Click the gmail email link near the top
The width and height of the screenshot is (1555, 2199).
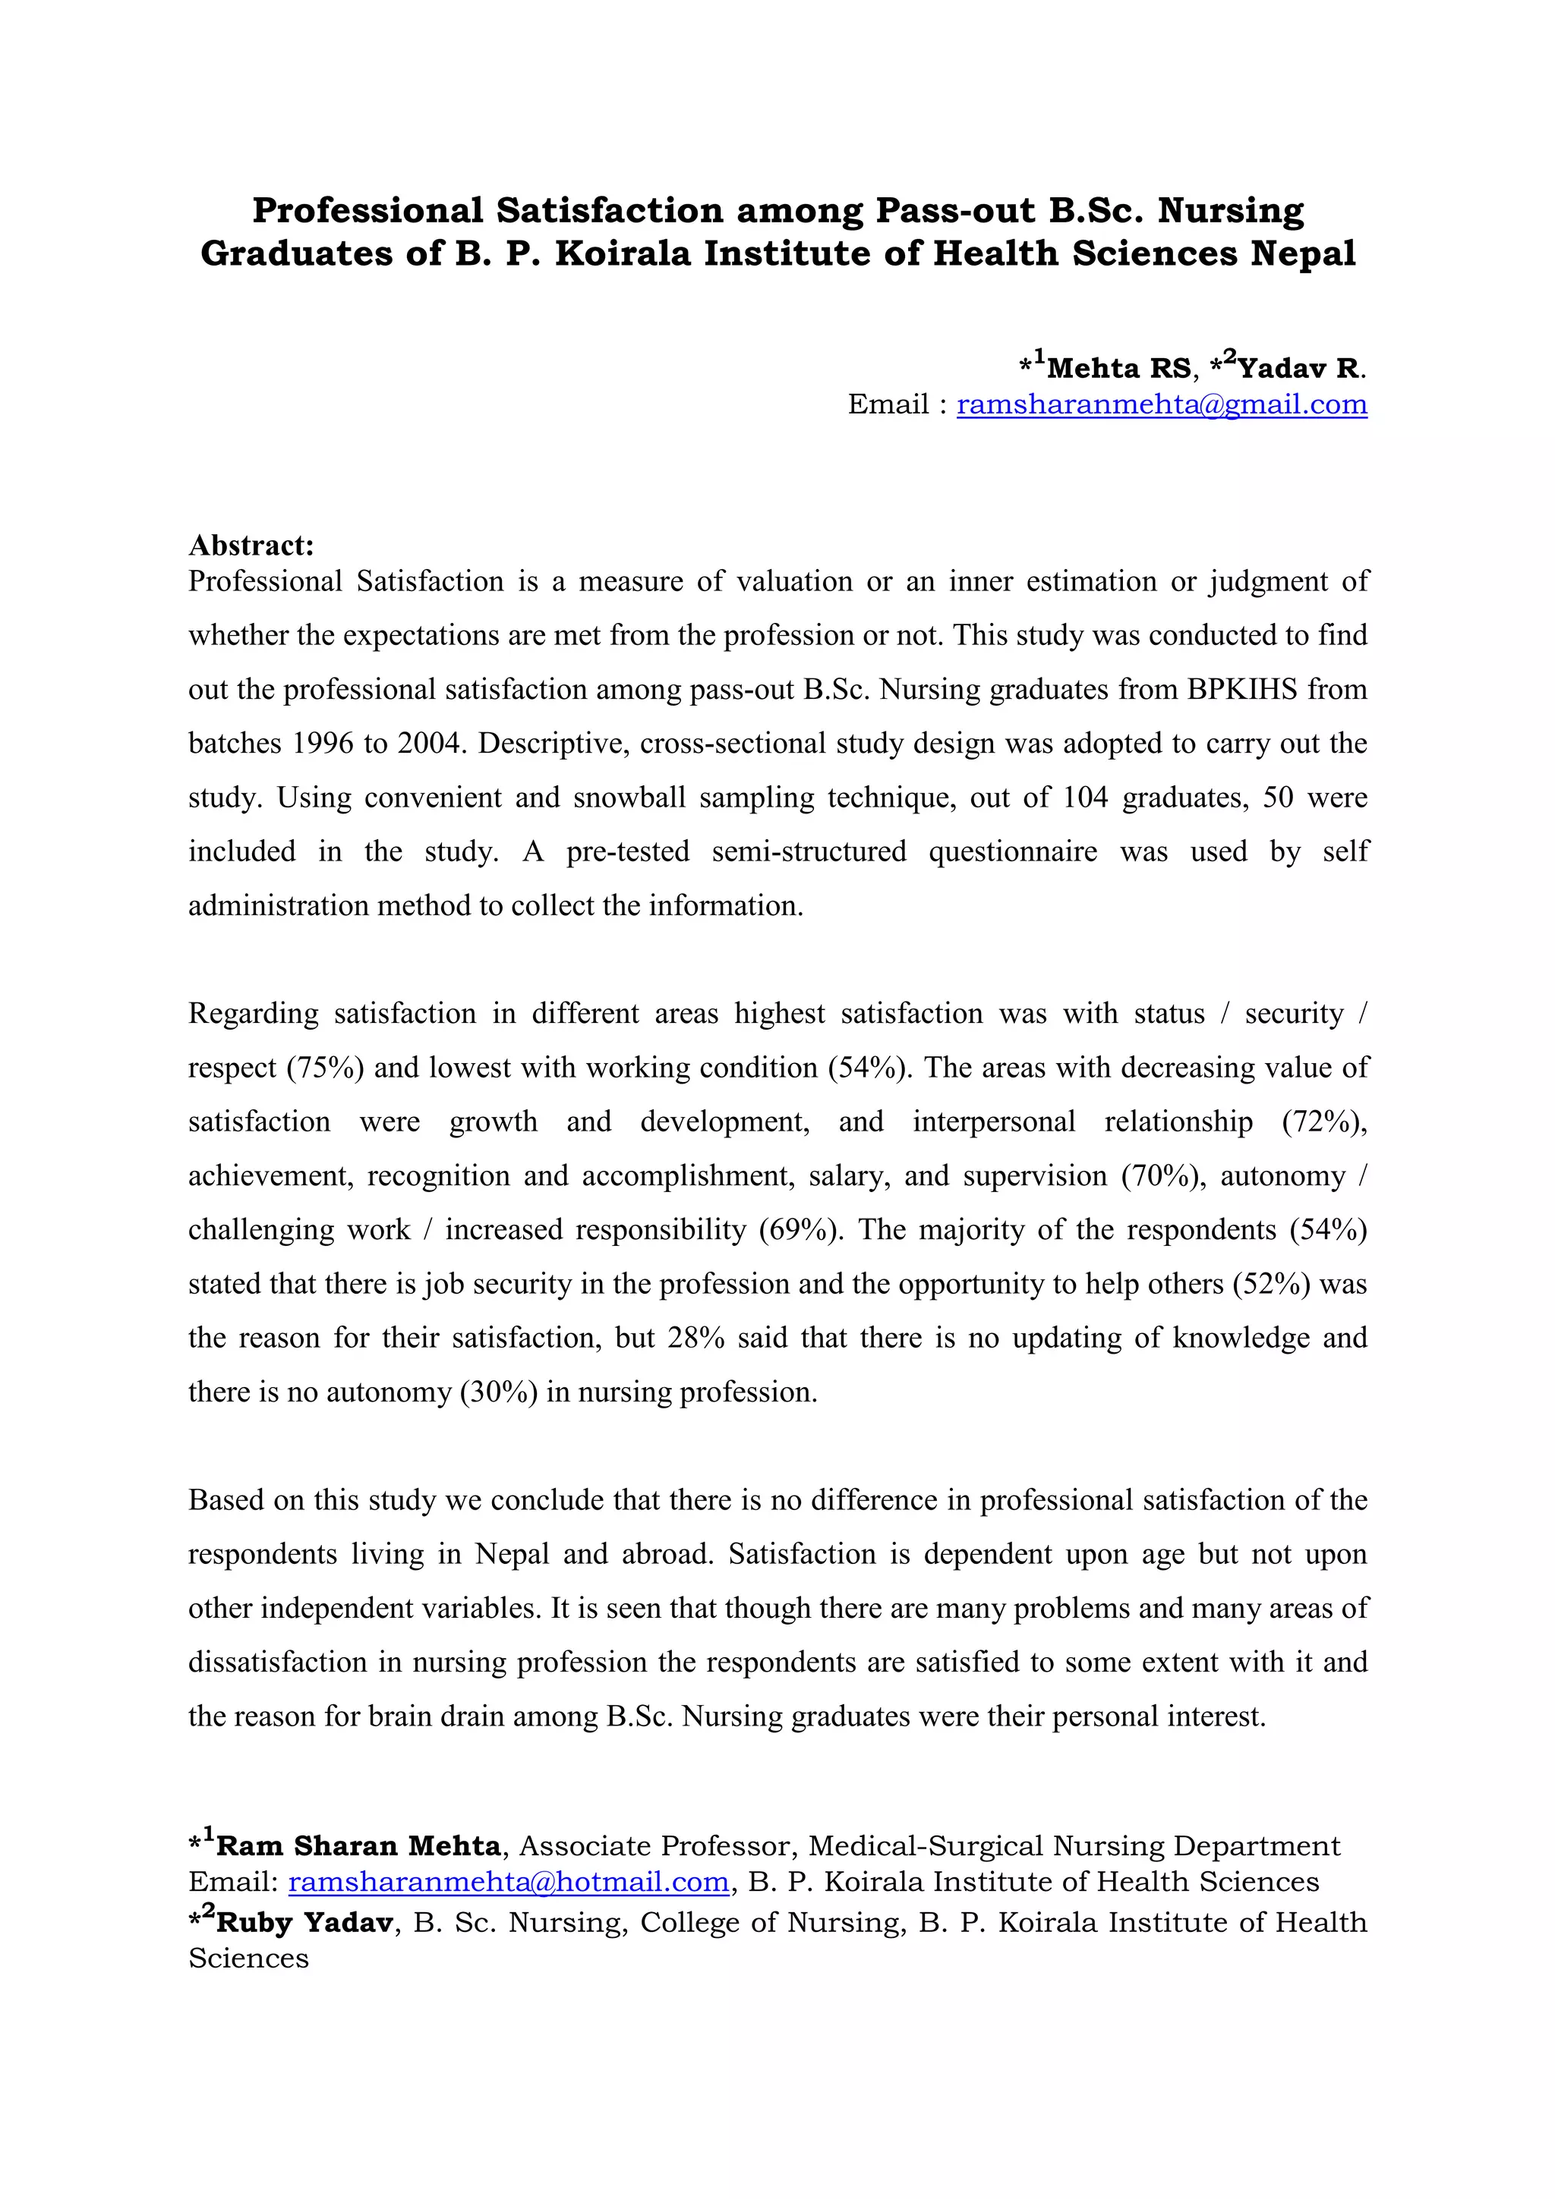click(x=1161, y=404)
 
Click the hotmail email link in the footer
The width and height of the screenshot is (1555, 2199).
click(x=509, y=1882)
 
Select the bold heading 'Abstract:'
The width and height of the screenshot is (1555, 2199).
click(x=251, y=545)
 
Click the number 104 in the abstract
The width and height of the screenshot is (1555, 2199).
click(x=1086, y=797)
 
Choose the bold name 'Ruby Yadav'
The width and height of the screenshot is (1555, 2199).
click(x=304, y=1922)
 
